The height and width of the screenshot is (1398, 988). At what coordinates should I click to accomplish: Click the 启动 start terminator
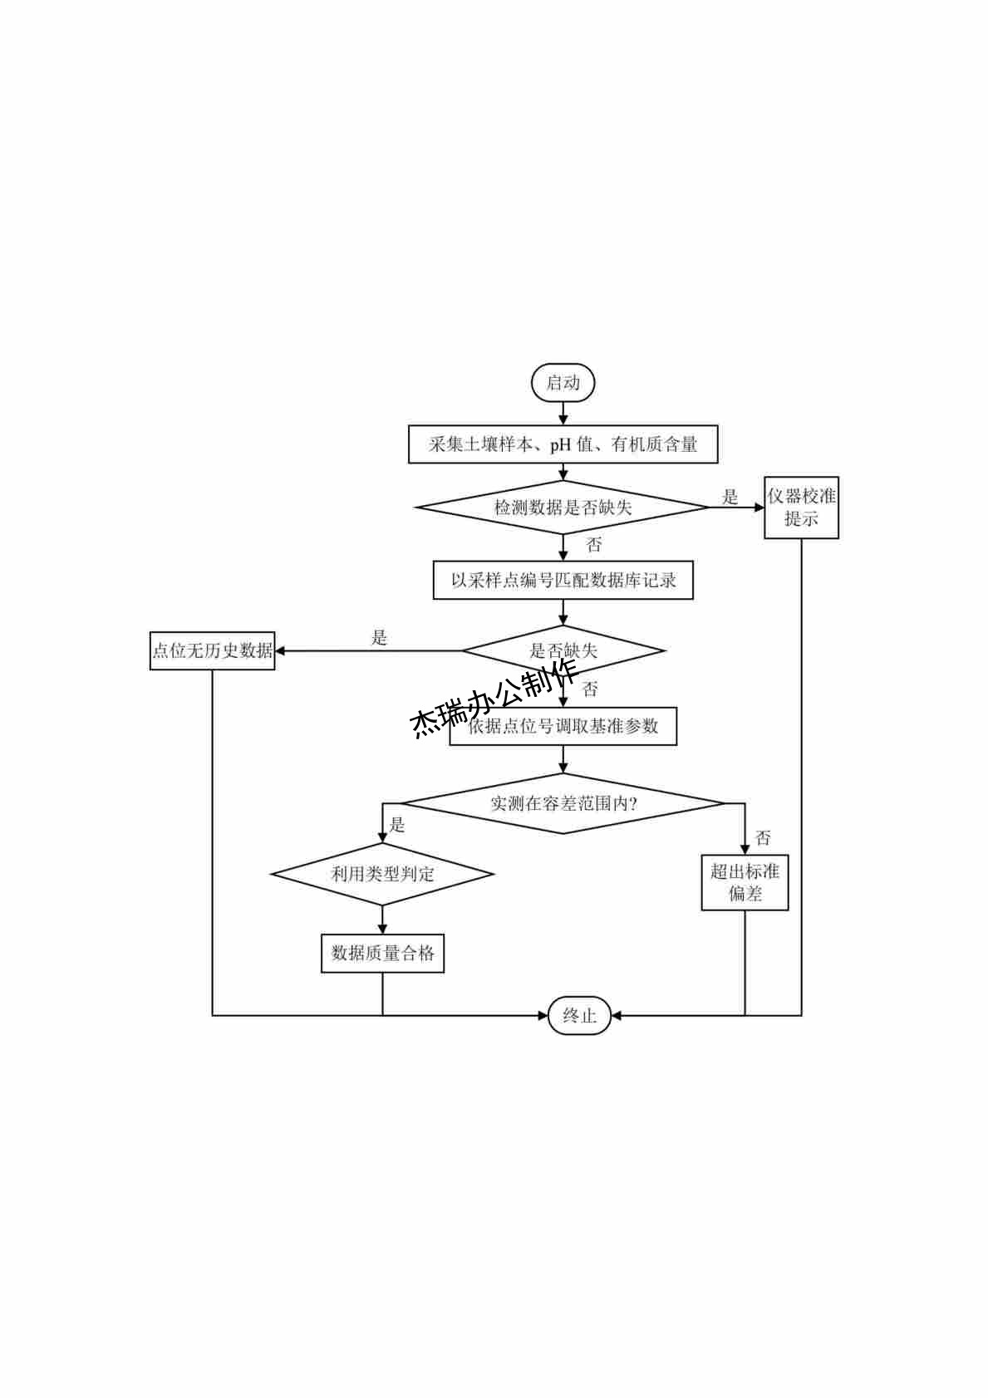tap(563, 383)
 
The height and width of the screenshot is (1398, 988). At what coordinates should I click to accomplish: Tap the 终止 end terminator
tap(579, 1015)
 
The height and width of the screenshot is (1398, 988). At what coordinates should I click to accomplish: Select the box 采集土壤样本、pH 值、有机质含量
tap(563, 444)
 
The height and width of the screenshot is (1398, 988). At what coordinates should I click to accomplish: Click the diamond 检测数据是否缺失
tap(563, 507)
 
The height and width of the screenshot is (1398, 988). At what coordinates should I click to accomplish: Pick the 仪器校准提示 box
tap(801, 508)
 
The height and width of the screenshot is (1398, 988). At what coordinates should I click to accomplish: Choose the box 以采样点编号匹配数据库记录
tap(563, 580)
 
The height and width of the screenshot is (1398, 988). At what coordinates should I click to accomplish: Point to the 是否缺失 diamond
tap(563, 650)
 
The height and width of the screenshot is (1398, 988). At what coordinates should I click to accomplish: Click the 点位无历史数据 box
tap(212, 650)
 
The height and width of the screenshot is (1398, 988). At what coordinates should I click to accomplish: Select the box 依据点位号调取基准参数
tap(563, 726)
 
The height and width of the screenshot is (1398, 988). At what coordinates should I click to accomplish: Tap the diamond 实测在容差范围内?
tap(563, 803)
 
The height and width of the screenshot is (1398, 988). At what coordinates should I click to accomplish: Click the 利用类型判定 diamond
tap(382, 874)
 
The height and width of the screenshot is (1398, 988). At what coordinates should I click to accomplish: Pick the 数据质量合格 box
tap(382, 953)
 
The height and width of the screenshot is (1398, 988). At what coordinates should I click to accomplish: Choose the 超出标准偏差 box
tap(745, 882)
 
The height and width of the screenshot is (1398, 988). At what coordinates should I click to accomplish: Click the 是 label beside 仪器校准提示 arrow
tap(730, 497)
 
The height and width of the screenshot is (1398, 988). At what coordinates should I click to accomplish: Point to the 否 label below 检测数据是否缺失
tap(593, 545)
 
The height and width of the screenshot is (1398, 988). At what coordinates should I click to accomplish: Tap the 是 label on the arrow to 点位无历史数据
tap(379, 638)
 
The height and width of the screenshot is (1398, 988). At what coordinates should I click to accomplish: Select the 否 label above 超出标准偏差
tap(762, 837)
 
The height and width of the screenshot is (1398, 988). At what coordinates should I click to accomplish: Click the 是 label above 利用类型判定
tap(397, 825)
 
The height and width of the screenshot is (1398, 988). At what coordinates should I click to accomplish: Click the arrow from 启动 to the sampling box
tap(563, 414)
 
